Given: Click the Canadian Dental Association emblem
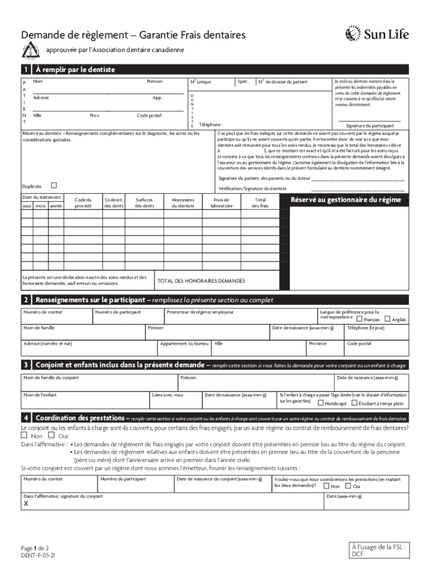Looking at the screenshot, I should (28, 51).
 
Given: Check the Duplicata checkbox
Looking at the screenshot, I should (54, 185).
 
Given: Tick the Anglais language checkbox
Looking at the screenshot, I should (388, 319).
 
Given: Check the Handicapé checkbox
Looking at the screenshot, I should (321, 402).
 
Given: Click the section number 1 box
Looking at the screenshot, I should (26, 70).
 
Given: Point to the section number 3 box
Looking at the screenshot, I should (26, 365).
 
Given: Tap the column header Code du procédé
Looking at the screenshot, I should (83, 202).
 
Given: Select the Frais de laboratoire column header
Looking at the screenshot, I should (222, 202).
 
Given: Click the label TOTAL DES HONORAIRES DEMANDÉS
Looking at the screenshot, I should (201, 280).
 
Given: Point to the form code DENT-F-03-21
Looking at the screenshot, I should (38, 556).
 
